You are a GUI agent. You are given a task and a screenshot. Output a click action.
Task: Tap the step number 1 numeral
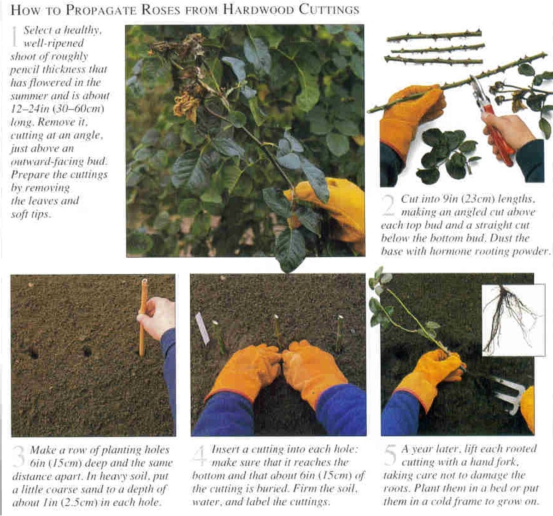point(15,36)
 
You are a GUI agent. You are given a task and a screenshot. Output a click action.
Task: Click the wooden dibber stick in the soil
point(143,318)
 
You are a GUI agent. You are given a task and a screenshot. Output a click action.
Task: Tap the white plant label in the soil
point(202,328)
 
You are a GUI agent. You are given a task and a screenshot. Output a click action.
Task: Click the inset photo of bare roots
point(512,320)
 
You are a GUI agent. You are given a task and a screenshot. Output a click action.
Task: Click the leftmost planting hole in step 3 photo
point(32,353)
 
